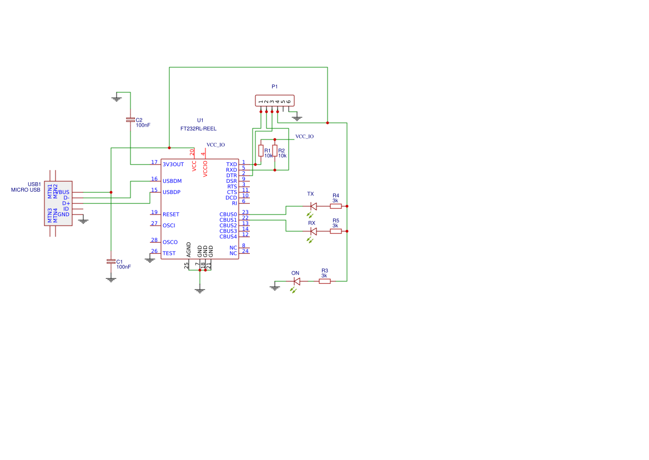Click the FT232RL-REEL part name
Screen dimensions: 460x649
pyautogui.click(x=198, y=128)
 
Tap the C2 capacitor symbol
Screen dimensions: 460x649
pyautogui.click(x=130, y=119)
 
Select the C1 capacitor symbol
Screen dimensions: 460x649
pyautogui.click(x=111, y=261)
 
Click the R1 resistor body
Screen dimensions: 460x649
pyautogui.click(x=261, y=151)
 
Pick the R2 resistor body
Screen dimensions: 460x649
pyautogui.click(x=275, y=151)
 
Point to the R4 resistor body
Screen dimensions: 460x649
pyautogui.click(x=335, y=206)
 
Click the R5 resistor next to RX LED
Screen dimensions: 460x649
pyautogui.click(x=335, y=231)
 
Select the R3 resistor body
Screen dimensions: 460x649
pyautogui.click(x=324, y=281)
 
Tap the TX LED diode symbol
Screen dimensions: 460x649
pyautogui.click(x=313, y=206)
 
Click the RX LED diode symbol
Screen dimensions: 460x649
pyautogui.click(x=313, y=231)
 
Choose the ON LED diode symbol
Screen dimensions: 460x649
pyautogui.click(x=296, y=281)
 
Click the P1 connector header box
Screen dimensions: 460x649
pyautogui.click(x=274, y=101)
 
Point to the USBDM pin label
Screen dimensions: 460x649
pyautogui.click(x=172, y=181)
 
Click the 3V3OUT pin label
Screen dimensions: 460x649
pyautogui.click(x=173, y=164)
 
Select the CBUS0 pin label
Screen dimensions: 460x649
pyautogui.click(x=228, y=214)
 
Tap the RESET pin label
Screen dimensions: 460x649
pyautogui.click(x=171, y=214)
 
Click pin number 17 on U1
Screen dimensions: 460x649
pyautogui.click(x=154, y=162)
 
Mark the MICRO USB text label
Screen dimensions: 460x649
pyautogui.click(x=26, y=190)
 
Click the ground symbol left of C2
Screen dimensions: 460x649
pyautogui.click(x=117, y=98)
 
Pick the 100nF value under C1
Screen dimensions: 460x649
pyautogui.click(x=124, y=267)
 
